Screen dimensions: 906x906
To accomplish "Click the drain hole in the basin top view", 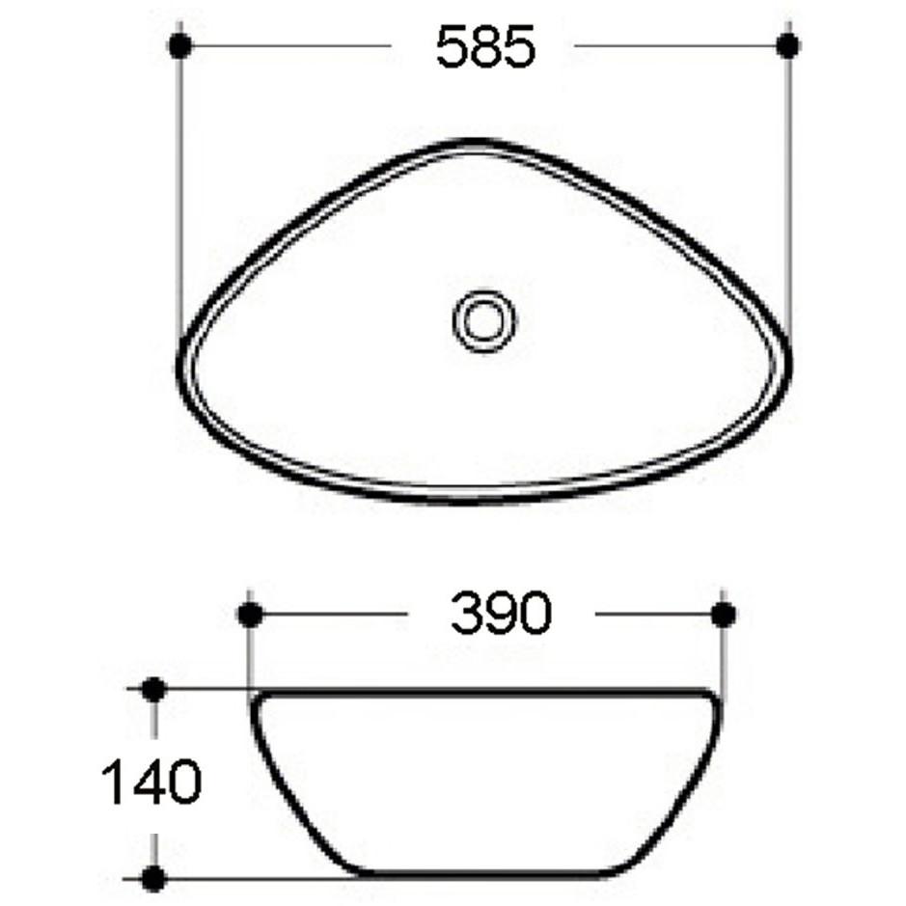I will (x=482, y=320).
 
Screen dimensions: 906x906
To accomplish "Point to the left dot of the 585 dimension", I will (x=180, y=44).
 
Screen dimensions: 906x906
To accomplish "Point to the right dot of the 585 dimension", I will (x=788, y=44).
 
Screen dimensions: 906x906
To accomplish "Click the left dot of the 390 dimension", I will (x=249, y=614).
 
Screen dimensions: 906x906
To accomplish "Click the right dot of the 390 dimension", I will (x=723, y=614).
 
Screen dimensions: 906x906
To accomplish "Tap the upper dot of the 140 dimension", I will (x=153, y=689).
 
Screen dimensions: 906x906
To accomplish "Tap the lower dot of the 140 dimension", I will (x=153, y=877).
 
